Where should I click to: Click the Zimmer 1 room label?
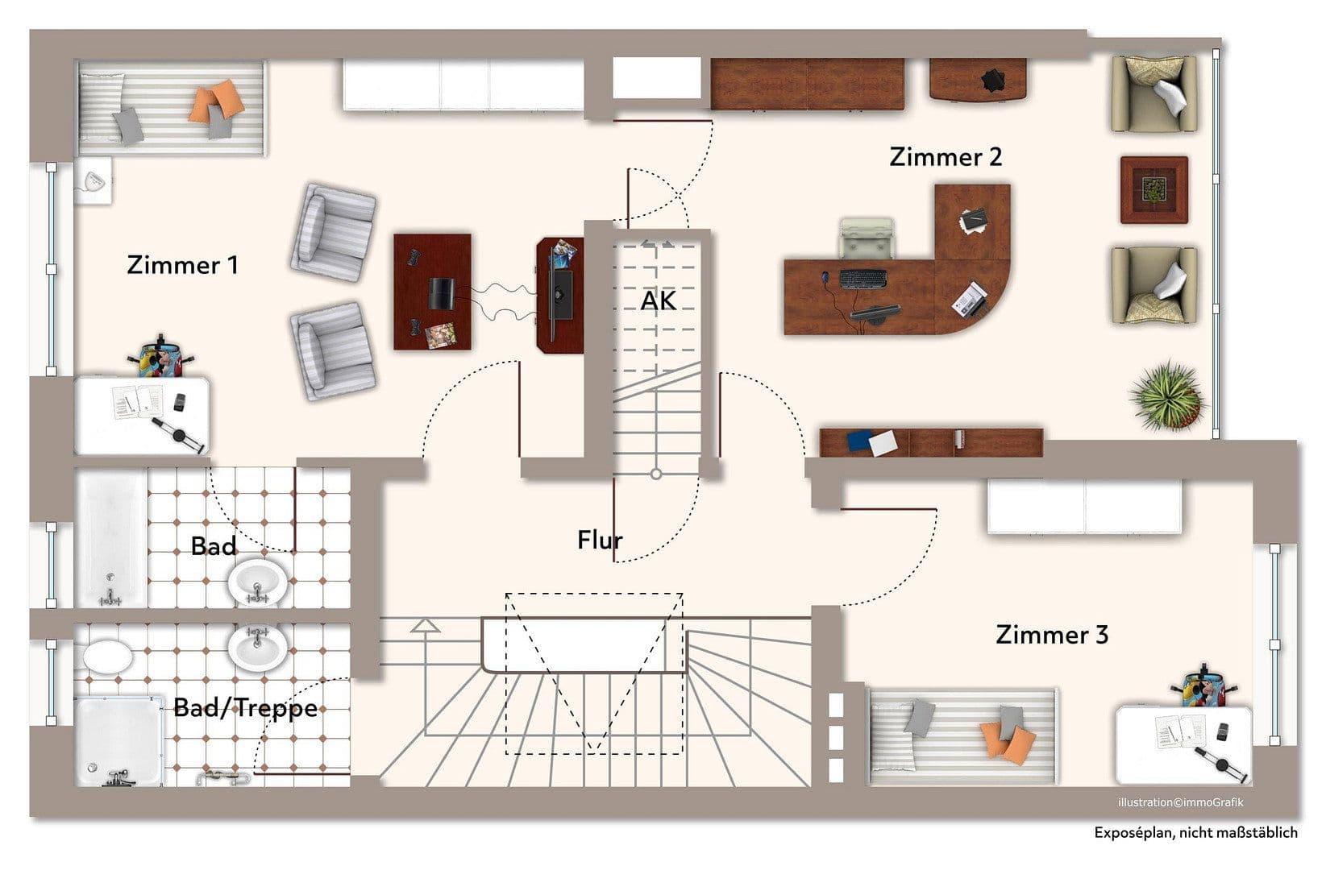click(182, 265)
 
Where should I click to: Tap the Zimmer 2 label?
click(946, 157)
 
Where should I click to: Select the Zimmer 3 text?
click(1052, 635)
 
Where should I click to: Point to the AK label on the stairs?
click(658, 301)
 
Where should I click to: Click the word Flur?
click(600, 540)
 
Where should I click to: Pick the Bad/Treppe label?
click(245, 708)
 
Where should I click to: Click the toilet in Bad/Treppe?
click(108, 655)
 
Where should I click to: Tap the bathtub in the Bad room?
click(111, 538)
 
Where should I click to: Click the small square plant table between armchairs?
click(1153, 190)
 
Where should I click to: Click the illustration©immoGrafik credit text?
click(1179, 802)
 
